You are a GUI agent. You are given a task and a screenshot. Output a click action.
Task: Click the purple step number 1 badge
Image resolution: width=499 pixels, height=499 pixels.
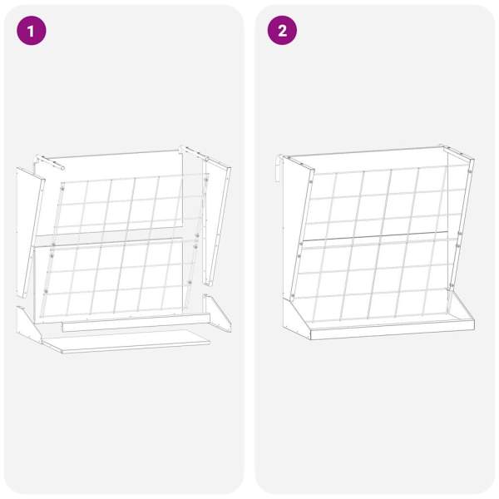coord(32,31)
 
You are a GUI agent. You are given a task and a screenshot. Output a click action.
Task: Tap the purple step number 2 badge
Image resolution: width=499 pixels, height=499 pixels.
coord(282,31)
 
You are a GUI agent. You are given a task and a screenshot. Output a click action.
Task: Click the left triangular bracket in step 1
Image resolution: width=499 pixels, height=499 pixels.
coord(28,324)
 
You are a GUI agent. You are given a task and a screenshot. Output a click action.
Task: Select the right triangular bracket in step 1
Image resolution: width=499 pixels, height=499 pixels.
coord(218,313)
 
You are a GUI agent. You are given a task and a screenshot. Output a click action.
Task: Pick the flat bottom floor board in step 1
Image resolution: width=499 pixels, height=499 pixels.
coord(126,341)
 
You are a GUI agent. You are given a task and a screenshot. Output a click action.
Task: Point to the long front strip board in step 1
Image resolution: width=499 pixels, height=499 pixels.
coord(136,323)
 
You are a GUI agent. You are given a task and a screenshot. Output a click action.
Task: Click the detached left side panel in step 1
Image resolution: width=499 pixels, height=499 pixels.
coord(30,232)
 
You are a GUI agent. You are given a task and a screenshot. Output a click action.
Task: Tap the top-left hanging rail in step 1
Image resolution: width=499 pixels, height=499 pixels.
coord(50,162)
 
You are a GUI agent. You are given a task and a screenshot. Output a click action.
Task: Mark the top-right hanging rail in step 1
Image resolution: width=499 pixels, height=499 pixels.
coord(194,153)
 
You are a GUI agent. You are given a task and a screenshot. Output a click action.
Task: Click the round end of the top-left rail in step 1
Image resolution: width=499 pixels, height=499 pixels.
coord(62,168)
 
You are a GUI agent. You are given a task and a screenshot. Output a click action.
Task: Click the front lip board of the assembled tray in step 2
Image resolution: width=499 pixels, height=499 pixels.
coord(392,329)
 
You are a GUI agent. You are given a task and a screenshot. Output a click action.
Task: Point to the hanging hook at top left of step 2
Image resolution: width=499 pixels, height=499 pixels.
coord(278,169)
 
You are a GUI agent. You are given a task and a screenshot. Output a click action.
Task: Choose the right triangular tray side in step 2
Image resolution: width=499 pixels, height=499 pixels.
coord(461,305)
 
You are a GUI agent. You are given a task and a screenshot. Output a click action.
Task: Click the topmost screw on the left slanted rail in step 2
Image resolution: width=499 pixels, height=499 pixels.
coord(310,181)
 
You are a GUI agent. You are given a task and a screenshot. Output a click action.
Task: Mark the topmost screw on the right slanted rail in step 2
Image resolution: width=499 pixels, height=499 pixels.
coord(470,171)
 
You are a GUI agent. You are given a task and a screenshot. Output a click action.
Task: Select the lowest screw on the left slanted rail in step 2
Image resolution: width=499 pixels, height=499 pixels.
coord(293,296)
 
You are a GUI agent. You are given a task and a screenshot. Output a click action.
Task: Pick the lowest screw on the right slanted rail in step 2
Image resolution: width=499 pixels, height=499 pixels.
coord(452,285)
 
